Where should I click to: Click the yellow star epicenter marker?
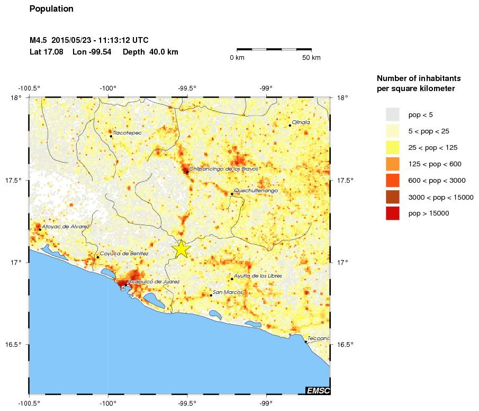click(181, 248)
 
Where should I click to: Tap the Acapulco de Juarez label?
click(154, 282)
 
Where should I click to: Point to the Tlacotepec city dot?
click(111, 136)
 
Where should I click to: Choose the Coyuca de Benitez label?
click(124, 254)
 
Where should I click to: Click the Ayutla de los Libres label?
click(258, 276)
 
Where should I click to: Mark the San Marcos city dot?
click(211, 296)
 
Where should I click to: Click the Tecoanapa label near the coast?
click(319, 338)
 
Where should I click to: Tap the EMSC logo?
click(318, 391)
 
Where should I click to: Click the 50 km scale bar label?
click(311, 58)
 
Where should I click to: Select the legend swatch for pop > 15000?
click(392, 213)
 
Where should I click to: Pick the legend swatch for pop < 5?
click(392, 114)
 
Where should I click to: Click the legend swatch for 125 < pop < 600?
click(392, 164)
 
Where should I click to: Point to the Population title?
click(51, 9)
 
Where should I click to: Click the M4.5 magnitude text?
click(39, 41)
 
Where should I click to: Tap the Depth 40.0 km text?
click(150, 52)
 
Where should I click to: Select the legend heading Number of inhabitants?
click(416, 78)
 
